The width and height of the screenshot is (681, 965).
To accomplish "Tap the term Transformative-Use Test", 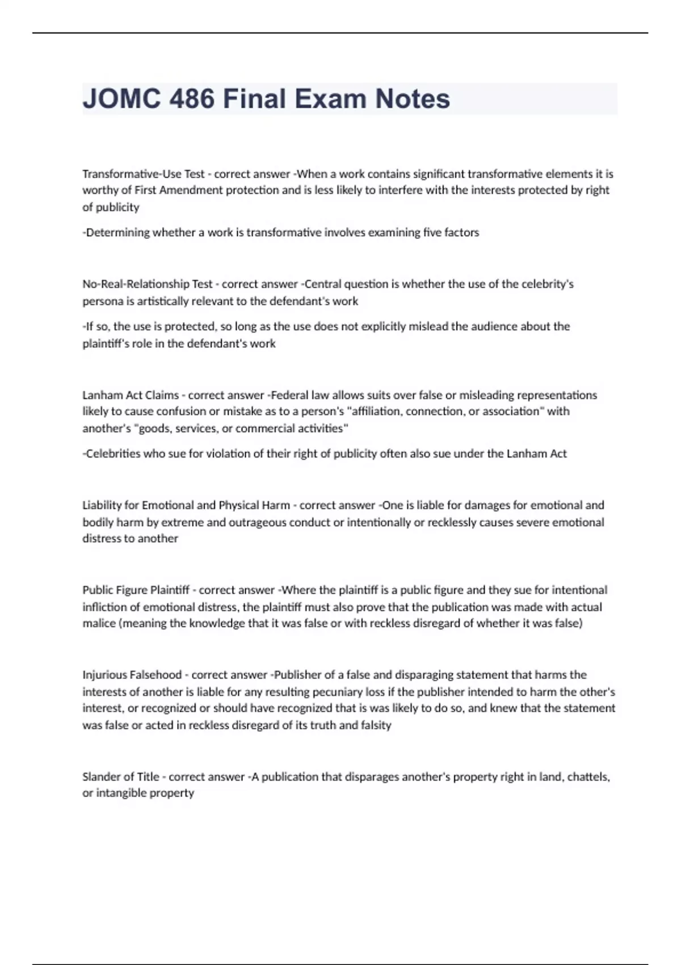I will [143, 174].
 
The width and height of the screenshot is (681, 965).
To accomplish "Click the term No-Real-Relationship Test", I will [147, 284].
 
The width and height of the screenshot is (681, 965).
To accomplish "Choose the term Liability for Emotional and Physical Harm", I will [186, 505].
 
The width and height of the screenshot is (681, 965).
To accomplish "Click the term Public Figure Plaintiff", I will [136, 590].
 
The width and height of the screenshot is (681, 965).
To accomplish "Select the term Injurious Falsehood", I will [132, 675].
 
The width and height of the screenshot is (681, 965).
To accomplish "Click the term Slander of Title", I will [120, 777].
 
